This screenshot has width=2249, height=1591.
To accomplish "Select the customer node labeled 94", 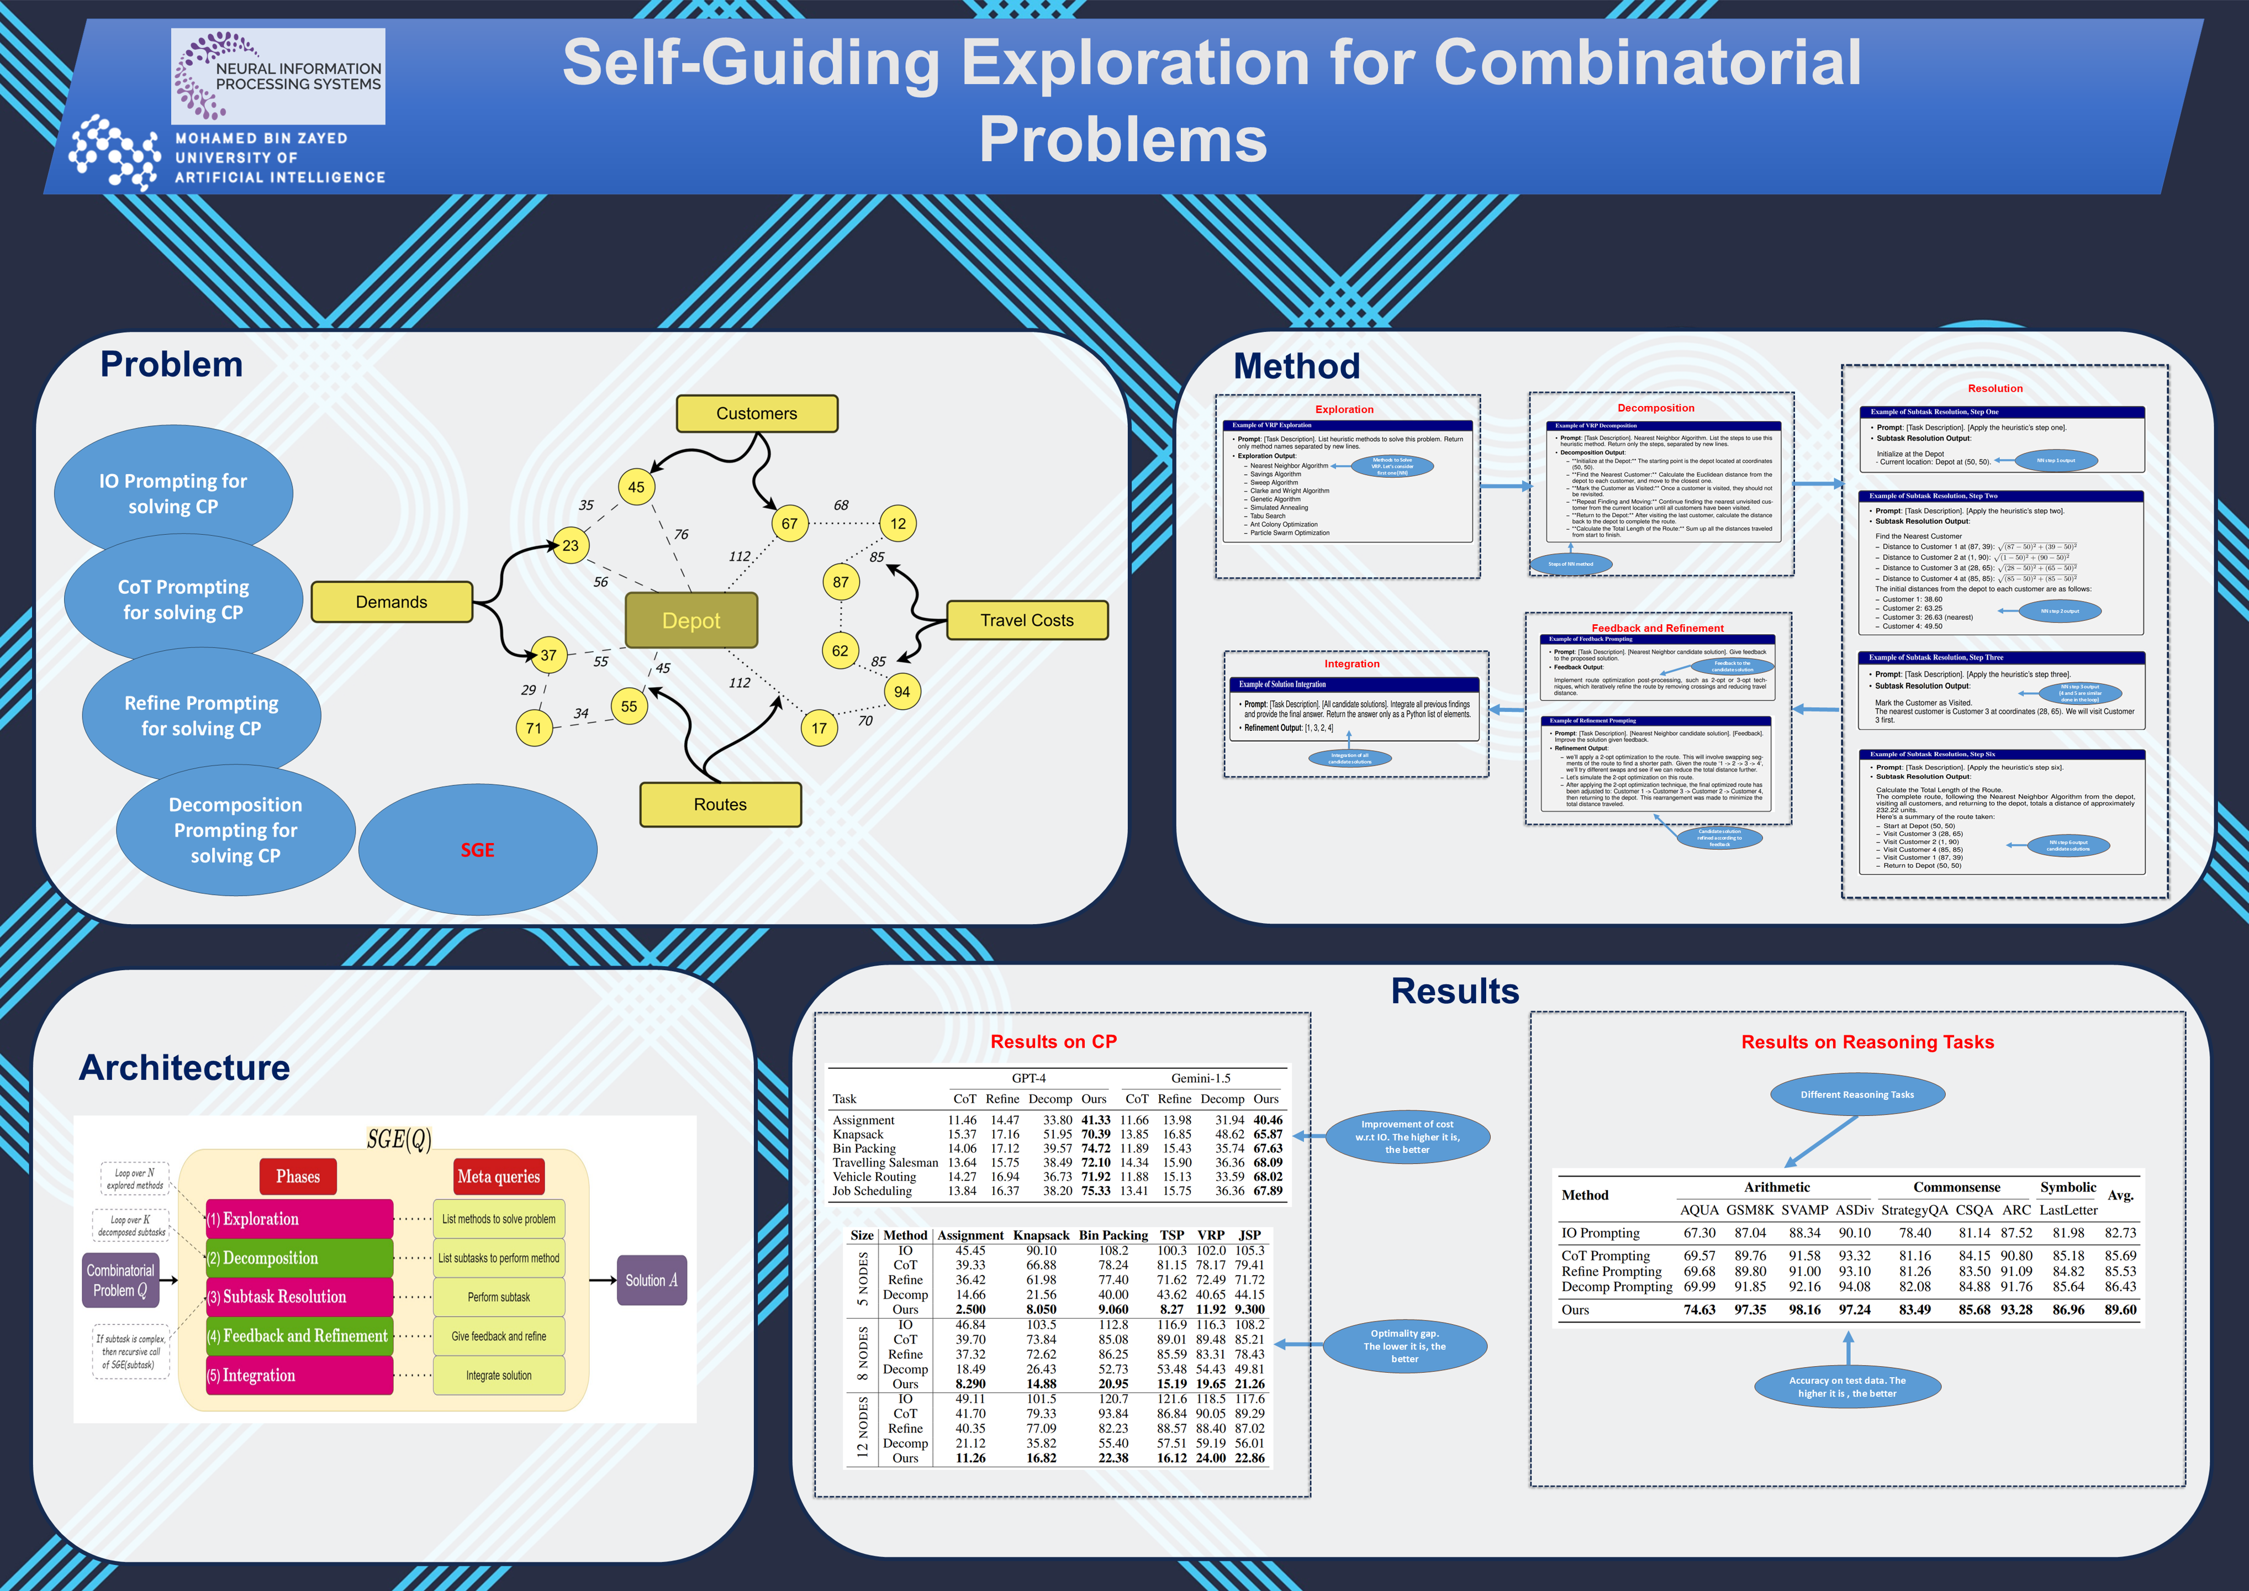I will [901, 692].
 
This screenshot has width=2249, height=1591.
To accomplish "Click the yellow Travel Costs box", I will [1027, 620].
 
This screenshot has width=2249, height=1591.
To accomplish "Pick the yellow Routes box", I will [720, 804].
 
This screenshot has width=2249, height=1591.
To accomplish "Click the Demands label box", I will [391, 602].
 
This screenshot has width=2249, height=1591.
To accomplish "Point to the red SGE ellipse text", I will [477, 850].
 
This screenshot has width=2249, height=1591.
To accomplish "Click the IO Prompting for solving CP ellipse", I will [173, 493].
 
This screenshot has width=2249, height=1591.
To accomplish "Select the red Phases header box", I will [298, 1177].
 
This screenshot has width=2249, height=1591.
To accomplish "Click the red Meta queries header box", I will [499, 1177].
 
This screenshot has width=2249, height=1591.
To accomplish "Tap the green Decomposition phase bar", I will [299, 1258].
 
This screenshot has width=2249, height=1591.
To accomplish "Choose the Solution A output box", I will [651, 1281].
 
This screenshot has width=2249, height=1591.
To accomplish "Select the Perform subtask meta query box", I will [499, 1297].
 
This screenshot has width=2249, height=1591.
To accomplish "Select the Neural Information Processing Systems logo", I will [278, 76].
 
